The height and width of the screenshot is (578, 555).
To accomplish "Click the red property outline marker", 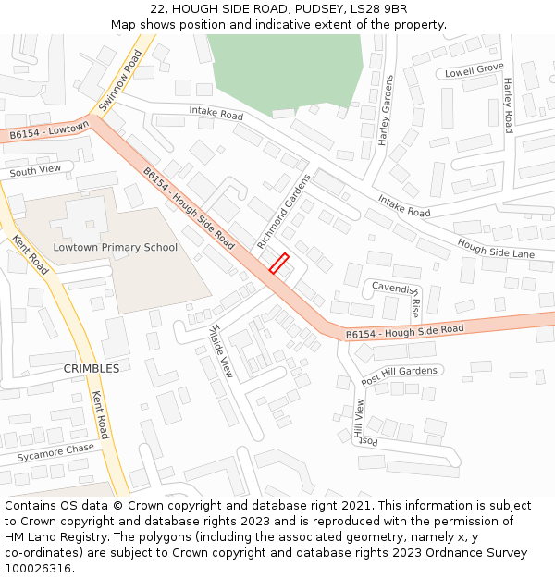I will tap(279, 263).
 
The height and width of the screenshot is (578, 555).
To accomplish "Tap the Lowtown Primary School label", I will tap(115, 247).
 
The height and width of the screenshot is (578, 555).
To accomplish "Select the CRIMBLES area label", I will tap(91, 368).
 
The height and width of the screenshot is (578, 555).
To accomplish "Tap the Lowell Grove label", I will tap(474, 70).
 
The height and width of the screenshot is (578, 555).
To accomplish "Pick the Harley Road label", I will tap(508, 105).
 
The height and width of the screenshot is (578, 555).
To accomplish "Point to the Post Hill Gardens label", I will tap(399, 375).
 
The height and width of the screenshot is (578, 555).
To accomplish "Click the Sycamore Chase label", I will tap(55, 452).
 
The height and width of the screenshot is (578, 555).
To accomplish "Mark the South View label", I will tap(35, 170).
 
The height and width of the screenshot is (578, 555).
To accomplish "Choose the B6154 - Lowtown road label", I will tap(49, 130).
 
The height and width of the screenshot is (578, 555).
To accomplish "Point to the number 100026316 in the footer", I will tap(39, 568).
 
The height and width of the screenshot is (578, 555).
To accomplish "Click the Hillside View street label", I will tap(222, 350).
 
